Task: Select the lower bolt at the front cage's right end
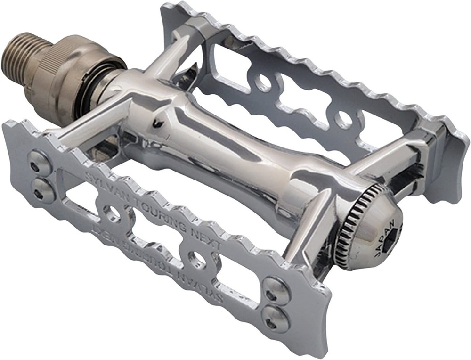(x=272, y=319)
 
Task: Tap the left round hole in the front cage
(x=112, y=214)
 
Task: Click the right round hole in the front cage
(x=195, y=259)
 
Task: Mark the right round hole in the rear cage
(x=344, y=120)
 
